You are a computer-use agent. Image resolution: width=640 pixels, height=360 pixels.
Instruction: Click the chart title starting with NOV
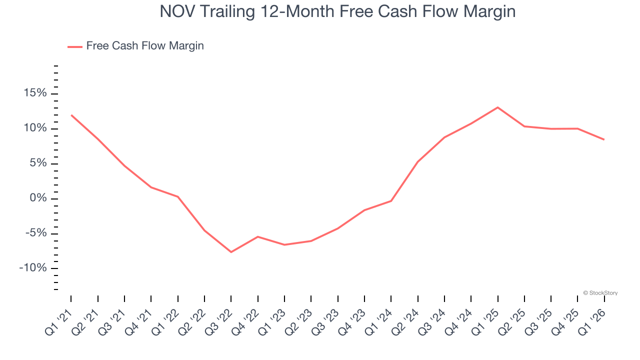[x=337, y=11]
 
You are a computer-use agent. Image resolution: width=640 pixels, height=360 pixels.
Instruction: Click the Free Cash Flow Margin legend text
[x=145, y=46]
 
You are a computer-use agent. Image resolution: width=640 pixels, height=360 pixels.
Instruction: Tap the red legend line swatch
[x=75, y=46]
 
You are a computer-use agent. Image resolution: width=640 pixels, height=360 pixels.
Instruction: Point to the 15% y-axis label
[x=34, y=93]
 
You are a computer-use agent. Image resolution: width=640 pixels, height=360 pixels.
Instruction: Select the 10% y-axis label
[x=34, y=128]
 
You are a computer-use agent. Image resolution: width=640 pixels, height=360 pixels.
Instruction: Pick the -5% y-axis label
[x=34, y=233]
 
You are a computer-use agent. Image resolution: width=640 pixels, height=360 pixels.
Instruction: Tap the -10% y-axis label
[x=32, y=268]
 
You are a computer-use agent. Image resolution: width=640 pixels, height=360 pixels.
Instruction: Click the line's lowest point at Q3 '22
[x=231, y=252]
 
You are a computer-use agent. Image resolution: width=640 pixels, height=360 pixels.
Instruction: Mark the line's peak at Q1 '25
[x=497, y=107]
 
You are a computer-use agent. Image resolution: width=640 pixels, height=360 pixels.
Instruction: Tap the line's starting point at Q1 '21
[x=71, y=115]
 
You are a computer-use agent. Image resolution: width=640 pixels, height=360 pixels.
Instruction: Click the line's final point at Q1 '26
[x=604, y=139]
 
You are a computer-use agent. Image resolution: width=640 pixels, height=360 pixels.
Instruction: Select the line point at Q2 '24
[x=417, y=161]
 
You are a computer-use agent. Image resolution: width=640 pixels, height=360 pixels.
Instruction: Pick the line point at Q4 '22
[x=257, y=236]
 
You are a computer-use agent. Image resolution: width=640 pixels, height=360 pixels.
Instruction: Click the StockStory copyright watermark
[x=600, y=293]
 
